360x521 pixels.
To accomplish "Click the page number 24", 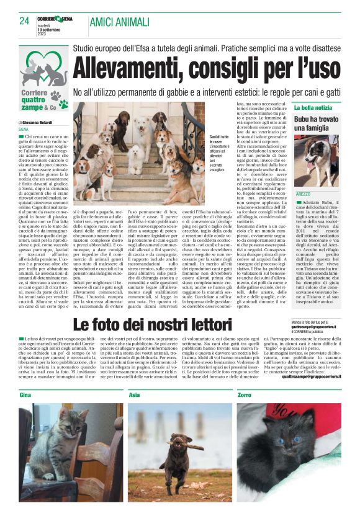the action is [24, 20].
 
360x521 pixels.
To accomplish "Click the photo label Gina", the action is [25, 394].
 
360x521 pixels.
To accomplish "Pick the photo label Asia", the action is [134, 394].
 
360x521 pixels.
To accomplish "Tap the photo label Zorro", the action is [245, 394].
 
